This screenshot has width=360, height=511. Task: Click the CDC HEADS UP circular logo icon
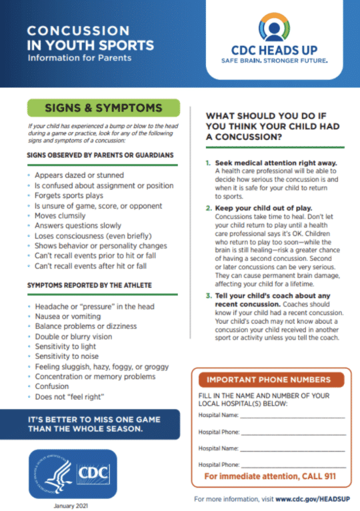(x=274, y=27)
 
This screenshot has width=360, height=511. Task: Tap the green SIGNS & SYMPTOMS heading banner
(x=103, y=107)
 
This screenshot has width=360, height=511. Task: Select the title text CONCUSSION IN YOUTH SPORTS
(x=90, y=39)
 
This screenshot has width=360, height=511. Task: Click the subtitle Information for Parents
(x=79, y=57)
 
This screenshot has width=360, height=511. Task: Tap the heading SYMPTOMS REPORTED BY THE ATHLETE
(x=89, y=285)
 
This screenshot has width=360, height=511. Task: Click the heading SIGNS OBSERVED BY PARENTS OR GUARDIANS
(x=100, y=155)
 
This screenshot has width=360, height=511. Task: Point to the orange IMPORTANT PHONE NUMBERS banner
(x=268, y=380)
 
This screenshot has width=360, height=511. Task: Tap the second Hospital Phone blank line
(x=294, y=464)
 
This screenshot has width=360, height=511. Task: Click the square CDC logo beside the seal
(x=93, y=473)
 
